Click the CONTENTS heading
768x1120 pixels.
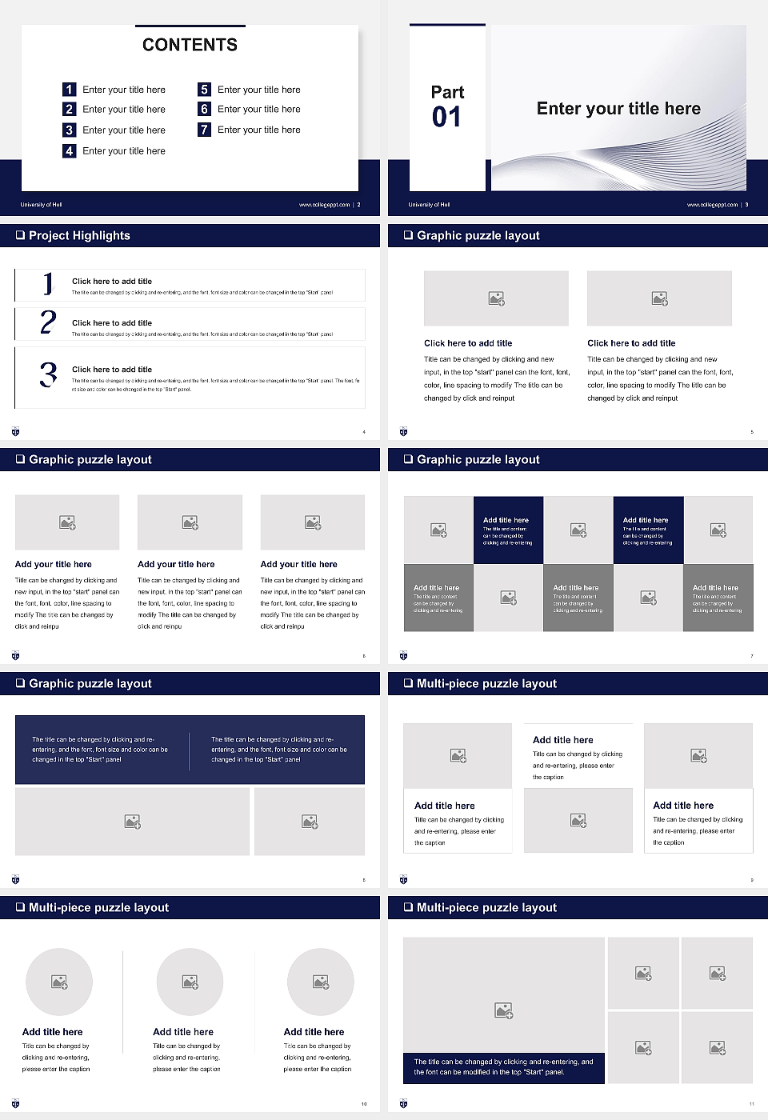pyautogui.click(x=190, y=45)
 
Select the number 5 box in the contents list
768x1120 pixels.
pyautogui.click(x=204, y=90)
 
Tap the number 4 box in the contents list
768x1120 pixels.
pyautogui.click(x=70, y=150)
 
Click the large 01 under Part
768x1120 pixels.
pyautogui.click(x=446, y=118)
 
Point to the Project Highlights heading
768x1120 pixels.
pyautogui.click(x=79, y=235)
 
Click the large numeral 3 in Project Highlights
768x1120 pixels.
pyautogui.click(x=48, y=374)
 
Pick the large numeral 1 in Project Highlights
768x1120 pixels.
pyautogui.click(x=48, y=283)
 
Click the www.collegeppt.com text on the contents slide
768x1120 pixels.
pyautogui.click(x=324, y=205)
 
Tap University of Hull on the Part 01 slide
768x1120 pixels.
pyautogui.click(x=429, y=205)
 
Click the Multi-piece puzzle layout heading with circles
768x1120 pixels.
pyautogui.click(x=98, y=907)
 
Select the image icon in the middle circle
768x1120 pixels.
pyautogui.click(x=190, y=982)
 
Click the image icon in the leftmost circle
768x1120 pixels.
pyautogui.click(x=59, y=982)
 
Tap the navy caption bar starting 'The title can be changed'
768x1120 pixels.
pyautogui.click(x=503, y=1067)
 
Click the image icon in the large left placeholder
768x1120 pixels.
pyautogui.click(x=503, y=1011)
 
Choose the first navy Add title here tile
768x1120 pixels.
pyautogui.click(x=508, y=530)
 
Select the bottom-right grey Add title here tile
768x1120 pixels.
pyautogui.click(x=718, y=598)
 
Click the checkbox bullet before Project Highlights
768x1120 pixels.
pyautogui.click(x=20, y=235)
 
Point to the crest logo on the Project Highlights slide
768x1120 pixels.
pyautogui.click(x=15, y=432)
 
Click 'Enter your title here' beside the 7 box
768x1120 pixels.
pyautogui.click(x=258, y=130)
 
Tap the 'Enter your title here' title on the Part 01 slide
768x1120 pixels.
pyautogui.click(x=618, y=109)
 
